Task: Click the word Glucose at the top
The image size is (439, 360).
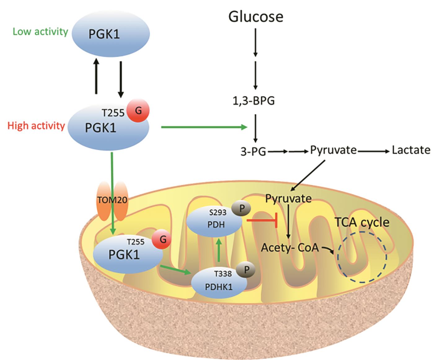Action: point(256,17)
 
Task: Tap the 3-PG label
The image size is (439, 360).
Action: point(253,152)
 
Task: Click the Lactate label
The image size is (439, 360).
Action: point(411,150)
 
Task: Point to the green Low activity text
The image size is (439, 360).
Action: point(40,32)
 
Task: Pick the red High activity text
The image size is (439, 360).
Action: point(36,126)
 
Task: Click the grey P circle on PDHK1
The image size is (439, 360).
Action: point(246,270)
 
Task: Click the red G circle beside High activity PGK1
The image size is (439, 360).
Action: point(138,111)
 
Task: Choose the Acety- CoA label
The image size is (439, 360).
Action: point(290,248)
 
